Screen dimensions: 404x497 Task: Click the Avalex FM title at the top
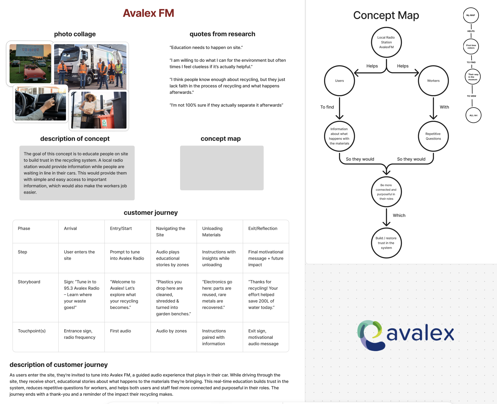tap(148, 13)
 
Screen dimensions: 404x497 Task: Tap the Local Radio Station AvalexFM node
tap(386, 42)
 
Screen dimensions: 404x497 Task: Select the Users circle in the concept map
tap(339, 81)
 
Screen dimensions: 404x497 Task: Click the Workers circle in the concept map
tap(433, 81)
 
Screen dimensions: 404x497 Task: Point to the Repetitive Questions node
tap(433, 136)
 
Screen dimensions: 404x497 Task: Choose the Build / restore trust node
tap(386, 243)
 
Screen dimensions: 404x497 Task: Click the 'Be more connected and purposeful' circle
tap(386, 192)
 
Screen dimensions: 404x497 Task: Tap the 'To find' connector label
tap(327, 107)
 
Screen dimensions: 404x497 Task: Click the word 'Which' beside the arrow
tap(399, 215)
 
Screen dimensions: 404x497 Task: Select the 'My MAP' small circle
tap(471, 15)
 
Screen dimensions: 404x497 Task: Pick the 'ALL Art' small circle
tap(473, 115)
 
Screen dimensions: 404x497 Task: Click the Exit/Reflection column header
tap(263, 229)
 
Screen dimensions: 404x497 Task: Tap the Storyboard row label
tap(29, 282)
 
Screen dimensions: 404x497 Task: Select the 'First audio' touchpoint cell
tap(120, 331)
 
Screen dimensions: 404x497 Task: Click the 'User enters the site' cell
tap(79, 255)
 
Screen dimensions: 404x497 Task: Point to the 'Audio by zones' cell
tap(171, 331)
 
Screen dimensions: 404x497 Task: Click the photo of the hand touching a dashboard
tap(41, 104)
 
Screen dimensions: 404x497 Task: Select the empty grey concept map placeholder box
tap(222, 168)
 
